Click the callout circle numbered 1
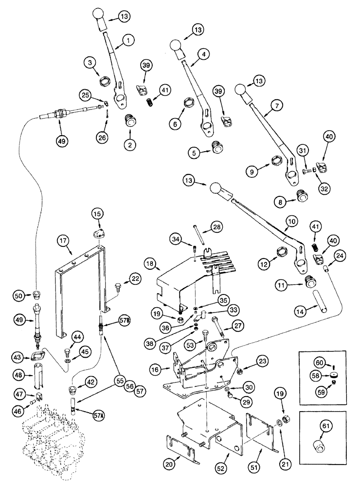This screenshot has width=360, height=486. [128, 42]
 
